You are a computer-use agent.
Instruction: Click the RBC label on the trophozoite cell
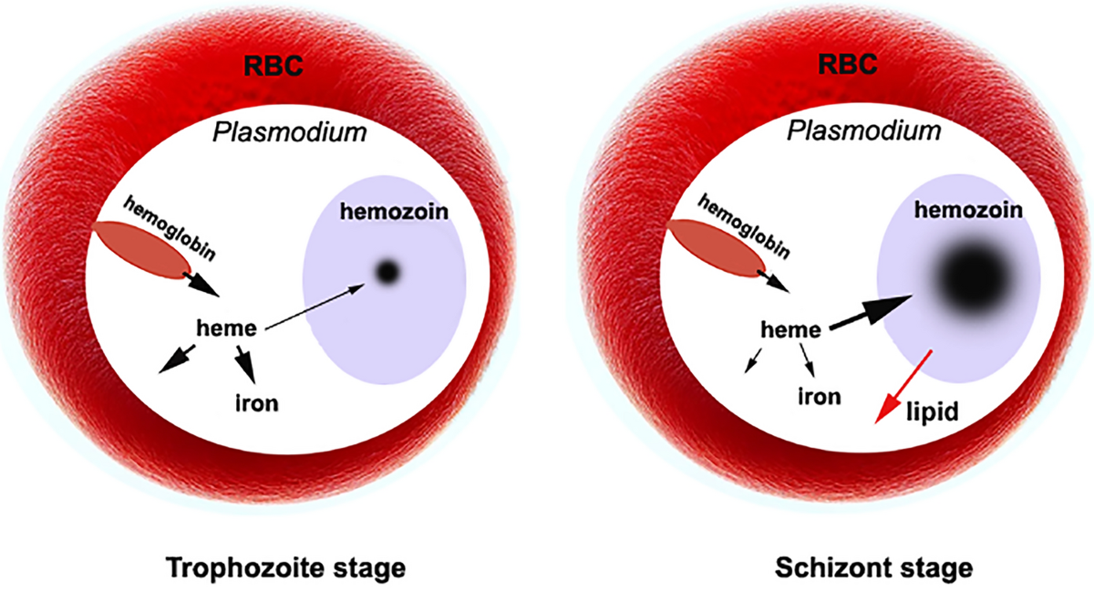[273, 66]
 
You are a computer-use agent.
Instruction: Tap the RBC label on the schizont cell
[847, 64]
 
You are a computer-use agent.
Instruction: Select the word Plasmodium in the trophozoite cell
[290, 132]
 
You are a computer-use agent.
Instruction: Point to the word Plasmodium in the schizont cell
[864, 131]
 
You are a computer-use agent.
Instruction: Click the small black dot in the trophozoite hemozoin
[387, 272]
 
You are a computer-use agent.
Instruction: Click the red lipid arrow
[903, 386]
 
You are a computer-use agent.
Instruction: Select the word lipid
[933, 411]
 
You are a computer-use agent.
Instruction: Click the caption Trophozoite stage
[286, 568]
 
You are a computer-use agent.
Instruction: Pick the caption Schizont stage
[874, 568]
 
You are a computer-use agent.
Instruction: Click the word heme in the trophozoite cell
[227, 328]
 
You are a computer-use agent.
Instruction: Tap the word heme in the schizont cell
[790, 330]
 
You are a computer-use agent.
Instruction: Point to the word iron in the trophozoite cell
[257, 403]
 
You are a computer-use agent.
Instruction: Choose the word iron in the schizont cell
[820, 397]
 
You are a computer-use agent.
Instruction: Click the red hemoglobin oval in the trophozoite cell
[142, 250]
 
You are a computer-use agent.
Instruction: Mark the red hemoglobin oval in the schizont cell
[717, 248]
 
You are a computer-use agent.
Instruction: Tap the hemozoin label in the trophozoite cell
[394, 212]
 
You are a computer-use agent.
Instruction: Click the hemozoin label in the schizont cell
[968, 210]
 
